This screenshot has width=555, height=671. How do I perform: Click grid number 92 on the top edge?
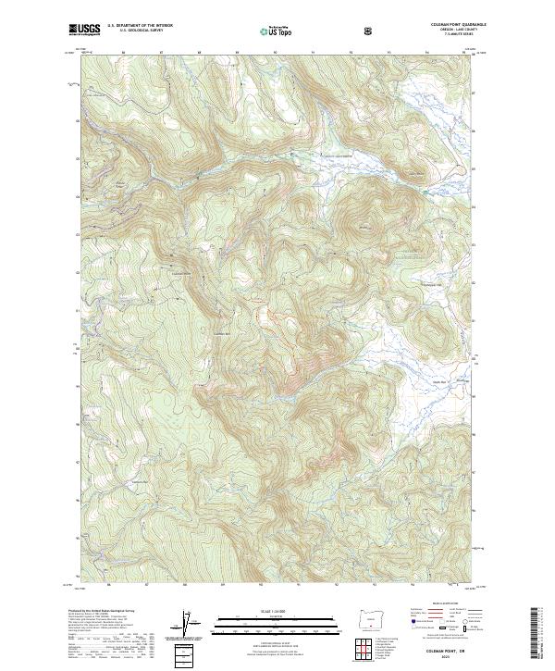(351, 53)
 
